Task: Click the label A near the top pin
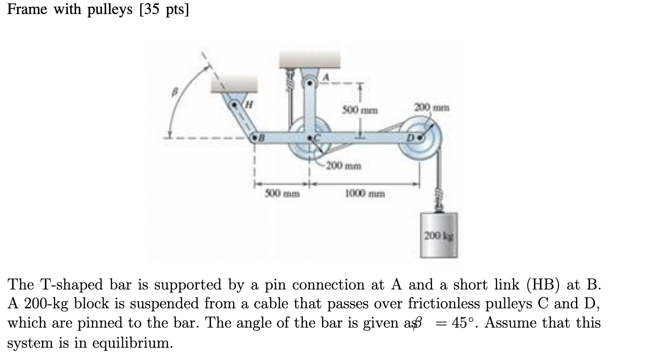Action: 325,77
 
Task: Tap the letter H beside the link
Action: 249,104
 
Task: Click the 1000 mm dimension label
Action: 365,193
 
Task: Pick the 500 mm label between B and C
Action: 282,193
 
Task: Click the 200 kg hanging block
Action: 439,235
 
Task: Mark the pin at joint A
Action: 310,82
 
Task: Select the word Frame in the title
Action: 27,10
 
